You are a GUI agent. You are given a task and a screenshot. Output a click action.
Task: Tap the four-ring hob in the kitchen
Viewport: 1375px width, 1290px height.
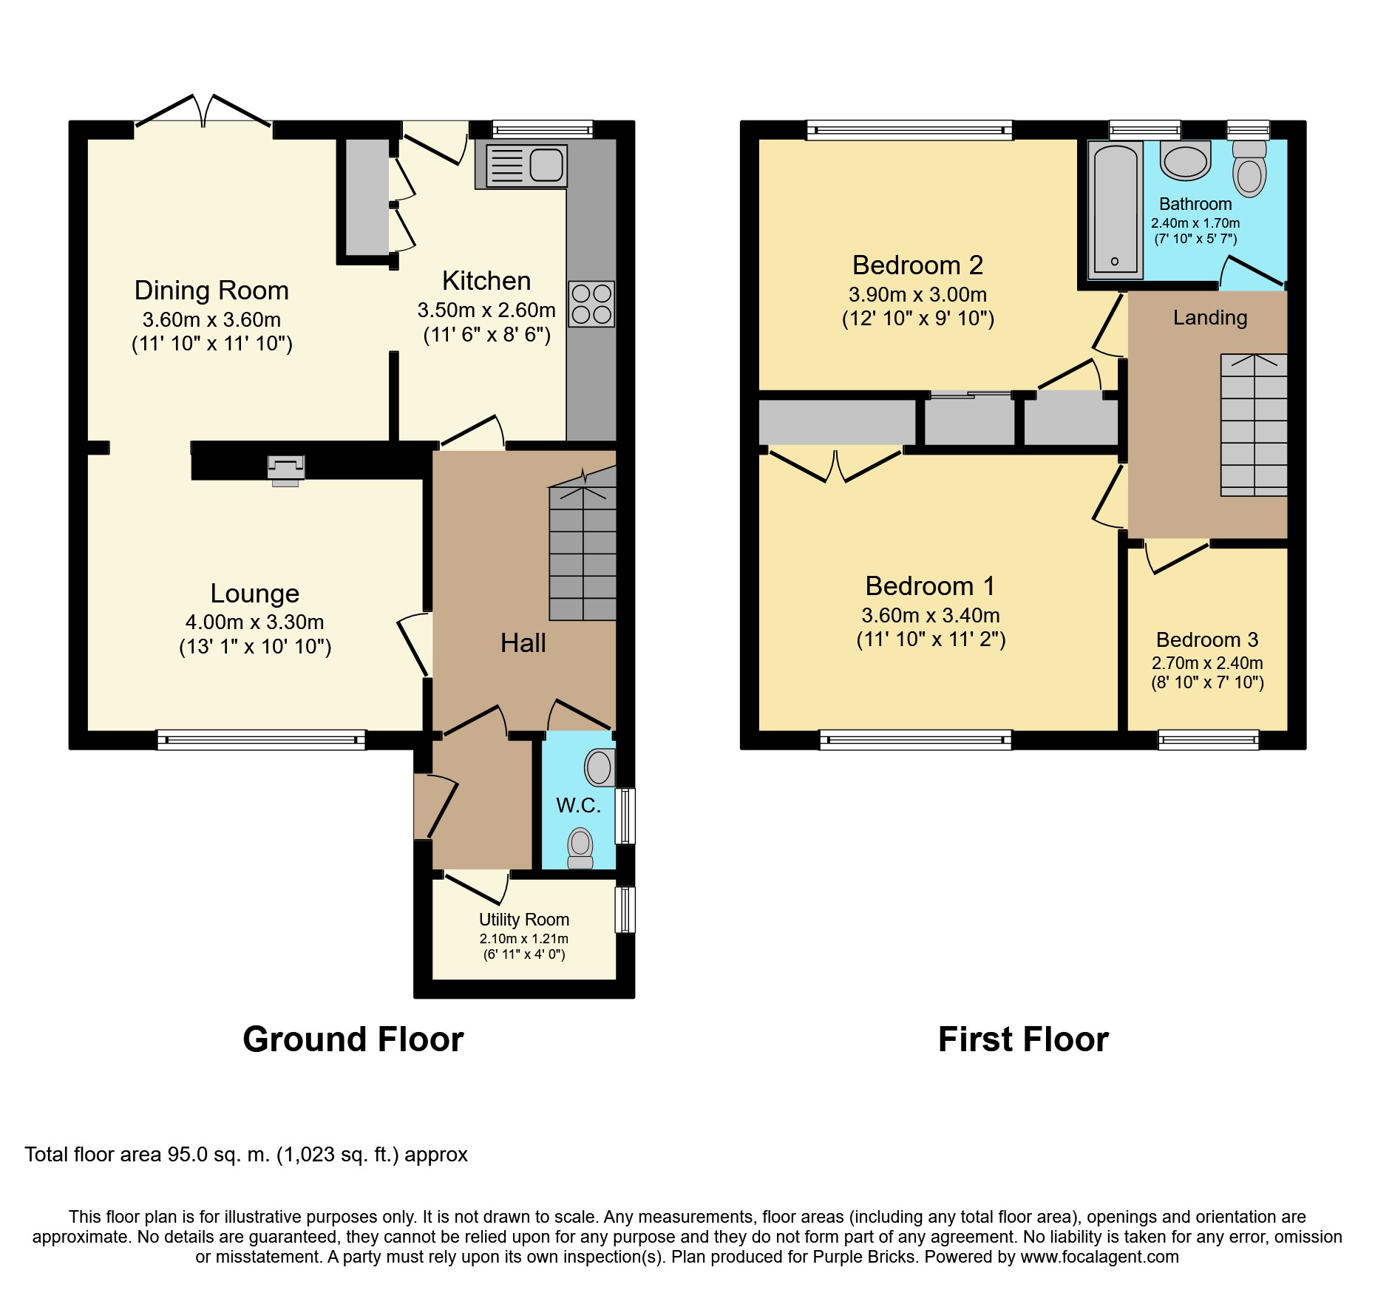point(591,304)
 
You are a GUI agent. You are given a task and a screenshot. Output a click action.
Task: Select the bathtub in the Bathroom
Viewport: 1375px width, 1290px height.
point(1116,209)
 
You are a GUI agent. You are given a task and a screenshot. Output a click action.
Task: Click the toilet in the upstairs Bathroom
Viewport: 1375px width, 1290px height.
point(1249,169)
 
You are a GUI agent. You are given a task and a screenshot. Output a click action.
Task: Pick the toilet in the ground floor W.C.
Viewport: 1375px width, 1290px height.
point(580,848)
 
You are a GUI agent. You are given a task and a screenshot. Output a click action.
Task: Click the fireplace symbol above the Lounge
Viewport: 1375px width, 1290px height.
point(285,470)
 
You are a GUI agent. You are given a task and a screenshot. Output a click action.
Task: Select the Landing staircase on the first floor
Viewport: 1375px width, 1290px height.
point(1254,425)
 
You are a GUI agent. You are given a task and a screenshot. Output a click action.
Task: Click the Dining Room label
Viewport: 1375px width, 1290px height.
point(211,291)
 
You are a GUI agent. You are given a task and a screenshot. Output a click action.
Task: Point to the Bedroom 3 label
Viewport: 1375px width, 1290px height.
point(1207,639)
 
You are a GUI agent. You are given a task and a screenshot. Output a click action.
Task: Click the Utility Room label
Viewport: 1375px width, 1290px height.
point(524,920)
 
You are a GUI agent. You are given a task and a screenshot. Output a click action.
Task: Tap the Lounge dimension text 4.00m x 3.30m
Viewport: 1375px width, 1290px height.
point(255,622)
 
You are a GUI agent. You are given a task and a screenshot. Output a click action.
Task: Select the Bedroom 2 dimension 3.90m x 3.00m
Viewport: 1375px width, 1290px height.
point(918,294)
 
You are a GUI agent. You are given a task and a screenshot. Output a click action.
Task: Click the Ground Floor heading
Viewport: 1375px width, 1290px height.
point(353,1039)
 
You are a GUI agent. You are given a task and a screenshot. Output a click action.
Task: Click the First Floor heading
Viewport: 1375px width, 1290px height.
point(1023,1039)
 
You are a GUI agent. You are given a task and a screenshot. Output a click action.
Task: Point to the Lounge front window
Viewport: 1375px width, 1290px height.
point(261,740)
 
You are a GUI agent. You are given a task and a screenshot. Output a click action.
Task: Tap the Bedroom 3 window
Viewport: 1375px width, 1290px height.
point(1208,740)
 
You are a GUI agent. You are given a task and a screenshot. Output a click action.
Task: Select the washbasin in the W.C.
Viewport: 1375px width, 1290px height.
point(600,767)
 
